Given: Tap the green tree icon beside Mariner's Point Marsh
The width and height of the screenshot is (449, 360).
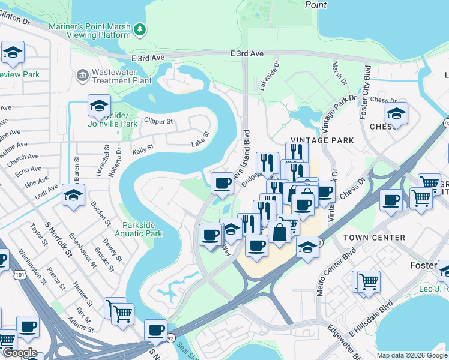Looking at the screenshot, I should [x=139, y=29].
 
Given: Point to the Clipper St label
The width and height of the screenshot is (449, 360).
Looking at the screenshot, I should [x=158, y=121].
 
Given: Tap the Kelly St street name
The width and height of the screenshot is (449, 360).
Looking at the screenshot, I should [x=143, y=148].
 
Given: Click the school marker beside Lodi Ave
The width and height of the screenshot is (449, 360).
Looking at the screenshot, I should [x=73, y=196].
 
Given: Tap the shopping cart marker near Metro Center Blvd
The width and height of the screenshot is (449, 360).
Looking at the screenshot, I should [x=369, y=280].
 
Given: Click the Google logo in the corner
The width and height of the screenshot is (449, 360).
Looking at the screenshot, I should [x=19, y=353].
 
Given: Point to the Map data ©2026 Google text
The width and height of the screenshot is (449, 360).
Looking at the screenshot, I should [x=412, y=355].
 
